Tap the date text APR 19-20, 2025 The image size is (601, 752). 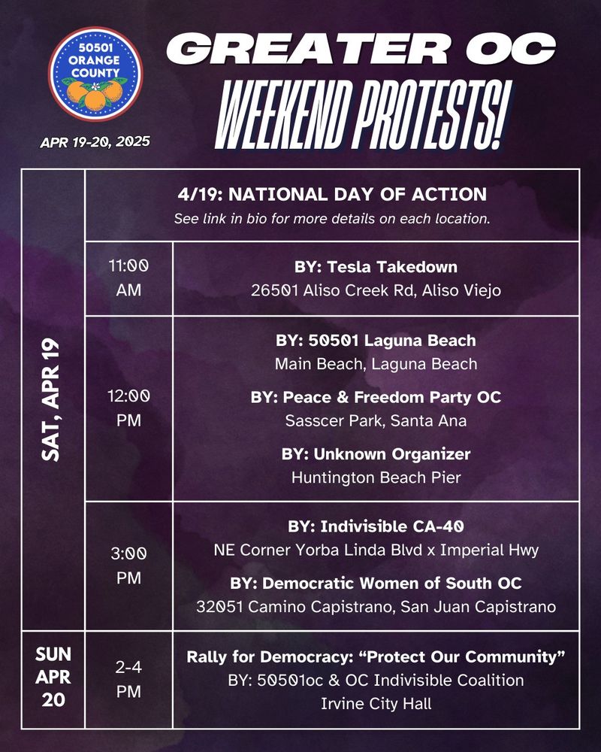tap(95, 141)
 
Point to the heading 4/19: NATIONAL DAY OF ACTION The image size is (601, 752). tap(331, 195)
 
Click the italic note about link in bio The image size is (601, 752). tap(331, 220)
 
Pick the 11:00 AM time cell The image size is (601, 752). tap(128, 277)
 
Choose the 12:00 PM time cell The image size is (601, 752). tap(128, 408)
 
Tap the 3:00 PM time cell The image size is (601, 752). tap(128, 566)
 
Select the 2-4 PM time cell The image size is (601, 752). tap(128, 681)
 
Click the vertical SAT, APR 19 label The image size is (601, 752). tap(53, 399)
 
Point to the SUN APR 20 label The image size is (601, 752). tap(53, 681)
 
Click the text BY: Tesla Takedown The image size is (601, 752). tap(376, 266)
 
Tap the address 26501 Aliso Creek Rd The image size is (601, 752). tap(376, 291)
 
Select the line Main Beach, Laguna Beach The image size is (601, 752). tap(376, 364)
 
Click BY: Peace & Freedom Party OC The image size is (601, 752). tap(376, 396)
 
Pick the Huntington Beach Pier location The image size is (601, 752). tap(376, 478)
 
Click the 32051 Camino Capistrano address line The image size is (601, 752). tap(376, 606)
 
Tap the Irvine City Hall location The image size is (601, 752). tap(376, 704)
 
